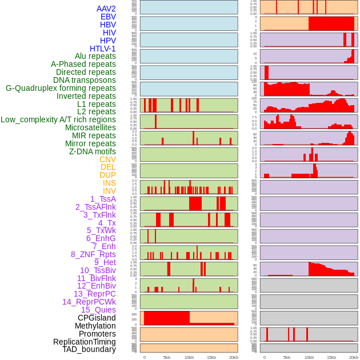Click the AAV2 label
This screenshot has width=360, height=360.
click(x=106, y=9)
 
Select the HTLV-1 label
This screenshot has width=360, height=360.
click(x=102, y=49)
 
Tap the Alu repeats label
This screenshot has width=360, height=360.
click(x=95, y=57)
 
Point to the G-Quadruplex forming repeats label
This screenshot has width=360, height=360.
click(x=61, y=89)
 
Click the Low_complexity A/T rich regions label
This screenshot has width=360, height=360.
click(x=58, y=120)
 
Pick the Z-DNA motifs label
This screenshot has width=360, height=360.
click(x=92, y=151)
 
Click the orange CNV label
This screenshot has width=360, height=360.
click(x=107, y=159)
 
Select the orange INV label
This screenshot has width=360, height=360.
click(x=109, y=191)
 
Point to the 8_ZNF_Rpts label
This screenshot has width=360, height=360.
click(x=93, y=254)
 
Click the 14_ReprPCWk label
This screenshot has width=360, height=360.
click(x=89, y=302)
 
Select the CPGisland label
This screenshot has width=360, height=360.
click(x=97, y=318)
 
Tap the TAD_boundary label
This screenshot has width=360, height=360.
click(x=89, y=349)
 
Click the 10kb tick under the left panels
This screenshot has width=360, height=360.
click(x=189, y=357)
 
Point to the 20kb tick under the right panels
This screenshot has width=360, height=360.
click(x=354, y=357)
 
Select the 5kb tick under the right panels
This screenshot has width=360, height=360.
click(x=286, y=357)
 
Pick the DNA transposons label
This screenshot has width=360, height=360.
click(x=85, y=80)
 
